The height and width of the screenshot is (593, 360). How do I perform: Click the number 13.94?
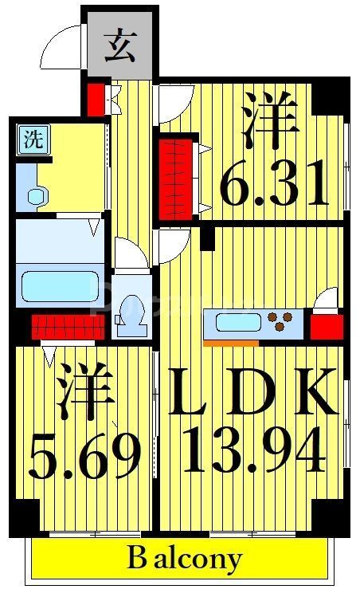(254, 450)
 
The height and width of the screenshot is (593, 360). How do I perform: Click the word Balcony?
(184, 558)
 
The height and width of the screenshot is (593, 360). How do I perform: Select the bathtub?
(59, 285)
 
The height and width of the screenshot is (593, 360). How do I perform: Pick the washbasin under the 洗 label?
(35, 194)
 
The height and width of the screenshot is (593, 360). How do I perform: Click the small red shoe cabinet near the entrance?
(96, 98)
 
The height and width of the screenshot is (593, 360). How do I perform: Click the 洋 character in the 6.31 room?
(270, 122)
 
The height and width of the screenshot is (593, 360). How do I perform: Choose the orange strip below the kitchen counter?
(231, 344)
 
